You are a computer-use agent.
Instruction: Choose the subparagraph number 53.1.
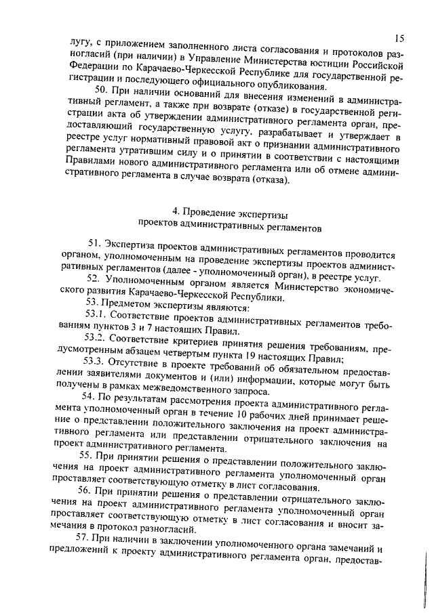coord(95,315)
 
